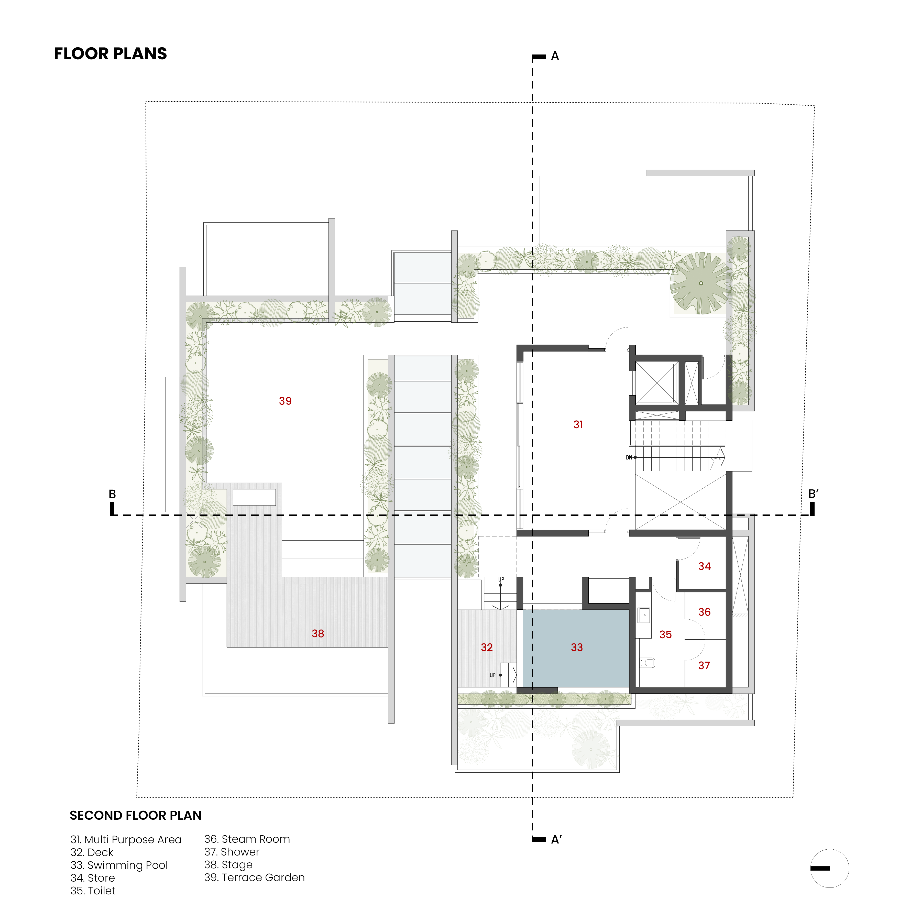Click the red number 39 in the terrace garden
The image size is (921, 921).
[285, 401]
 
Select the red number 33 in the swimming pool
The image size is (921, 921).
[577, 647]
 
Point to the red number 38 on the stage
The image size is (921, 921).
[318, 633]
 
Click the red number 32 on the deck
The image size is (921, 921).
[487, 647]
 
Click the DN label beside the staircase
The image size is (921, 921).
[629, 458]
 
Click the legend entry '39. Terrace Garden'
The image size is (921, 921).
[255, 877]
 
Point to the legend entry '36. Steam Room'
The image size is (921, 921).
[247, 839]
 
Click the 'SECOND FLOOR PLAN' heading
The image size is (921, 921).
[136, 815]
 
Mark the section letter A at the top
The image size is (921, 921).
[555, 56]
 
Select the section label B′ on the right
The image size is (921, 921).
[813, 494]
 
